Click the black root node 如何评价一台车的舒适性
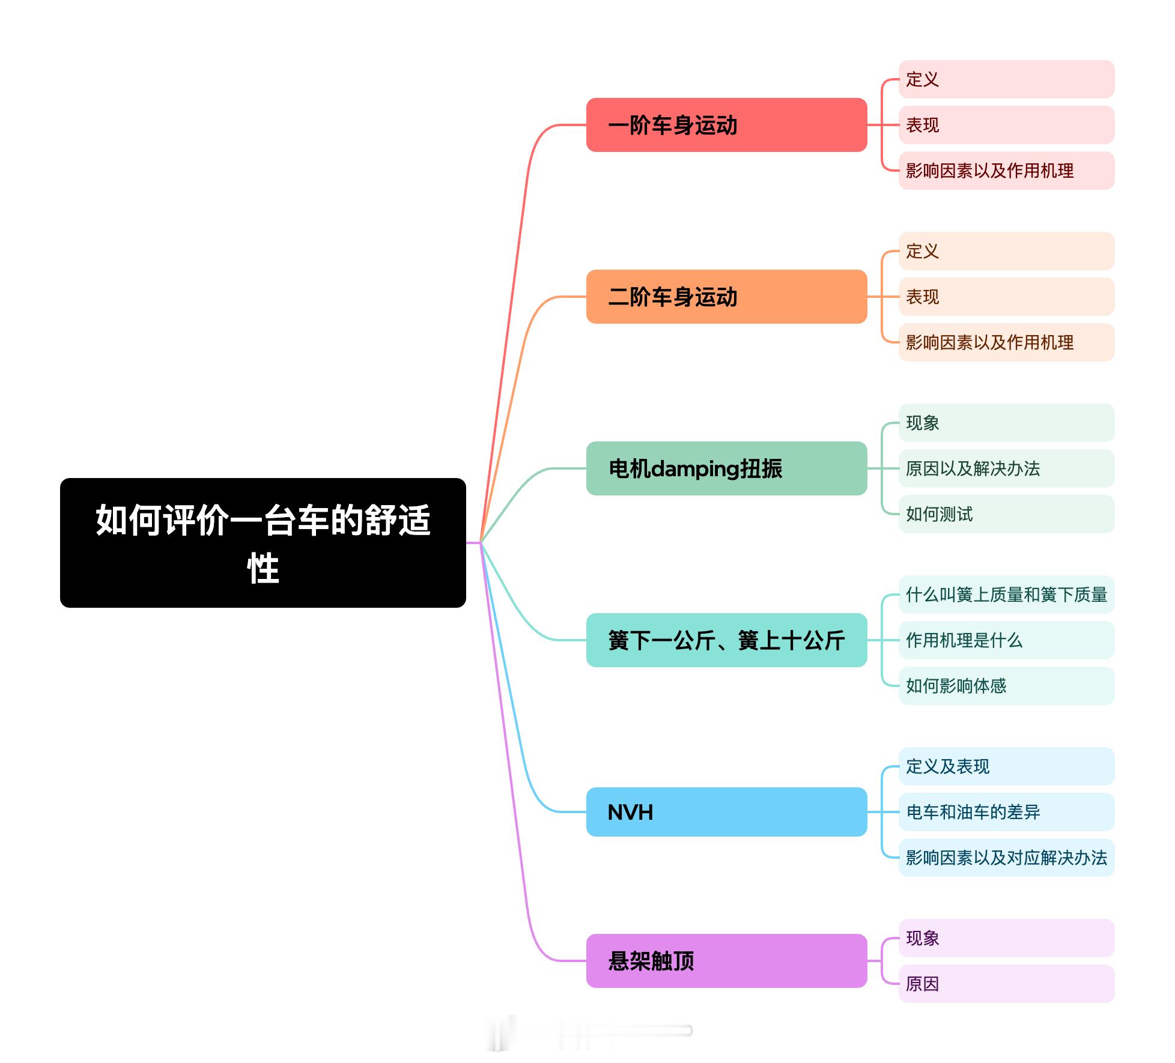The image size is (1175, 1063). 263,542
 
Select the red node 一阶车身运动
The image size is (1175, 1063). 726,125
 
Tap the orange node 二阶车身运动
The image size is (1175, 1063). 726,297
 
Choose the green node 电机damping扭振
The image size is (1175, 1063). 726,468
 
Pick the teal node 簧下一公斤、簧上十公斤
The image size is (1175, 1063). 726,640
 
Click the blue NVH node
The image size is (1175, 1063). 726,812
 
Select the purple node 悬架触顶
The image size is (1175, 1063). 726,961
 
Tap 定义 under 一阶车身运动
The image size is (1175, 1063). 1006,79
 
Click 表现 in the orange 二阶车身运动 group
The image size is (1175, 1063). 1006,297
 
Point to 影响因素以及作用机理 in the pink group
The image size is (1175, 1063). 1006,171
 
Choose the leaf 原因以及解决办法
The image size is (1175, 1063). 1006,468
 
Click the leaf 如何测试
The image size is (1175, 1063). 1006,514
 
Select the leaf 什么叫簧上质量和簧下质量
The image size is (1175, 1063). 1006,595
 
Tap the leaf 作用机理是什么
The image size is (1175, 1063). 1006,640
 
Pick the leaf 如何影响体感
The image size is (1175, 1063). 1006,686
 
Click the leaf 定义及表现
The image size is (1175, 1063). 1006,766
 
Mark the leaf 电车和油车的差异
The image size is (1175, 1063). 1006,812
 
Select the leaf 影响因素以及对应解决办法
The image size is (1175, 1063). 1006,858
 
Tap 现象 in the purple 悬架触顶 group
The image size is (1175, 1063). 1006,938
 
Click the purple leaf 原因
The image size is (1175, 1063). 1006,984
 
